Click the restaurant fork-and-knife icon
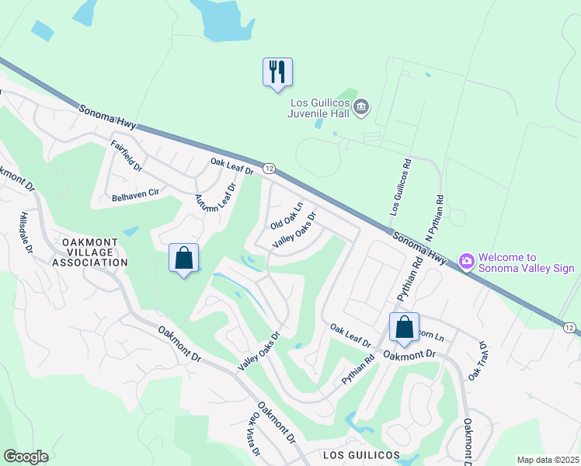[277, 72]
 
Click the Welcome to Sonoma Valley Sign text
[526, 263]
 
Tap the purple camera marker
[467, 262]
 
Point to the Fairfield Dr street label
[127, 156]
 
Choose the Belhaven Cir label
[135, 197]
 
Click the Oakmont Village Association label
[89, 252]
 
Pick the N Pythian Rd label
[433, 218]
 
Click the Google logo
[26, 457]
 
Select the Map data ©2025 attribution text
[547, 460]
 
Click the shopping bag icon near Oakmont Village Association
[184, 258]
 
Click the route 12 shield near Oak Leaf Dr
[269, 168]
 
